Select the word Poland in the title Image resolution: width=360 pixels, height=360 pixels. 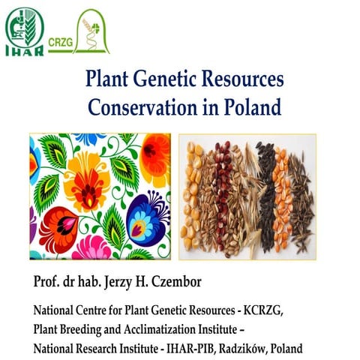point(256,107)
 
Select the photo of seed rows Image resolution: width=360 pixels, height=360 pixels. point(247,197)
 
